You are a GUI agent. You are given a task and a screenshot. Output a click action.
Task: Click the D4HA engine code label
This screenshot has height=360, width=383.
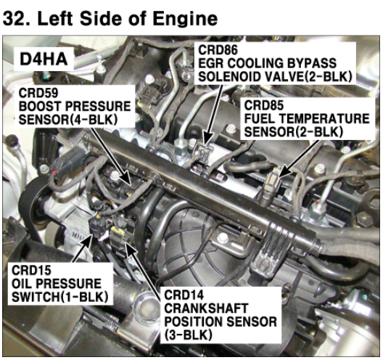(x=44, y=60)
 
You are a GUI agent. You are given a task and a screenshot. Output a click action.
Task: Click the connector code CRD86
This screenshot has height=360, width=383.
(x=218, y=50)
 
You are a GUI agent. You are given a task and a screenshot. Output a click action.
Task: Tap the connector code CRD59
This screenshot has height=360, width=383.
(x=38, y=93)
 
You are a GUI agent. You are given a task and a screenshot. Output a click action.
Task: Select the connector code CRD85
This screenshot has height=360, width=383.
(x=264, y=105)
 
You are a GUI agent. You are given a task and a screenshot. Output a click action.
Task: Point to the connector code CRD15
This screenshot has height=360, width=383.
(x=31, y=270)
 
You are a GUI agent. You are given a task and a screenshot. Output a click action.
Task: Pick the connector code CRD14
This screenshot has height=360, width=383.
(x=184, y=295)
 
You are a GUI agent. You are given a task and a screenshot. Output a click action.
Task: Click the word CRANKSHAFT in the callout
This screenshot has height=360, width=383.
(x=206, y=308)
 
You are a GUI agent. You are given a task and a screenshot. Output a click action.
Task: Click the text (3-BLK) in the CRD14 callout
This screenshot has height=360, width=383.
(x=188, y=335)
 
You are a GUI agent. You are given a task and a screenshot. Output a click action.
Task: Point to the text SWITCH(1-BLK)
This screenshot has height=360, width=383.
(x=59, y=297)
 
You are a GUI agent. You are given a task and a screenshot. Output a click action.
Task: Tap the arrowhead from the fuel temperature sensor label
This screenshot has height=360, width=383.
(x=284, y=172)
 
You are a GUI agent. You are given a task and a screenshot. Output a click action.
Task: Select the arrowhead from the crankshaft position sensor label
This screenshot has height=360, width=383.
(x=128, y=247)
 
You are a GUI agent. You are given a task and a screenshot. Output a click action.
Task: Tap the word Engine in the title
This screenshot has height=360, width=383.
(x=185, y=20)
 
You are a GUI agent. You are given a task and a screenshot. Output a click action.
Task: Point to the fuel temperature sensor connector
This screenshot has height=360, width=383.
(x=271, y=182)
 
